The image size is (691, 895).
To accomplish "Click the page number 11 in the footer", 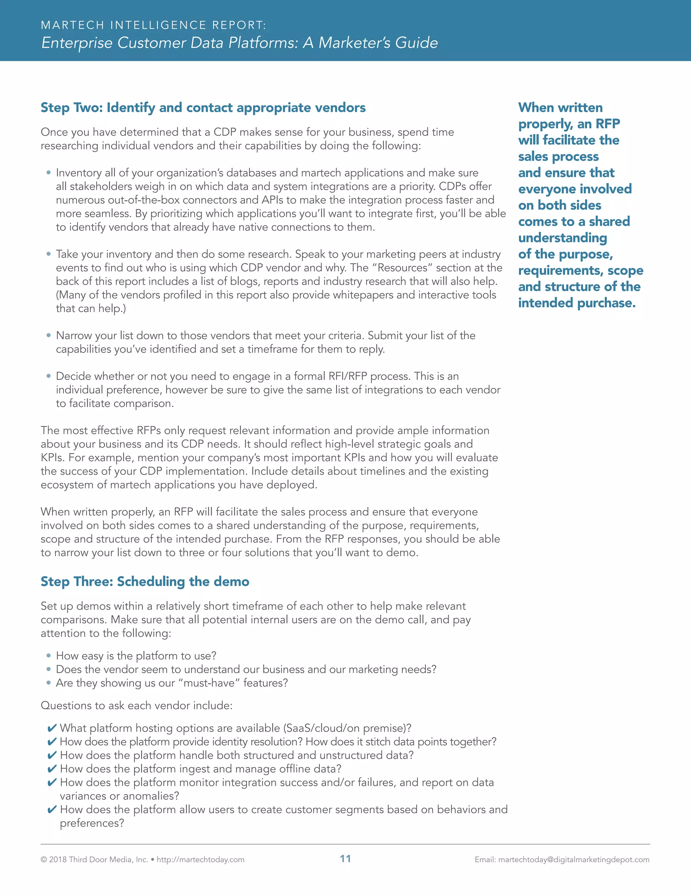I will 345,859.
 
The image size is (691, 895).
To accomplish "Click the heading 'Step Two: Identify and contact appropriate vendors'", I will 203,108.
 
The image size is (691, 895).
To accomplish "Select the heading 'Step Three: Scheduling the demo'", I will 145,582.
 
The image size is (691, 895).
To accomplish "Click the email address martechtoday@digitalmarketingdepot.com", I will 574,859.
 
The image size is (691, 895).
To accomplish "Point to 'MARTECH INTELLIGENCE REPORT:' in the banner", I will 154,25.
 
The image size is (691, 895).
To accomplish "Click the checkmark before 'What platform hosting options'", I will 52,728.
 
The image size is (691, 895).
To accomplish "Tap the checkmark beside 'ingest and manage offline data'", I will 52,769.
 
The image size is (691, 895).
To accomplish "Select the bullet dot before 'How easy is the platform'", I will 49,656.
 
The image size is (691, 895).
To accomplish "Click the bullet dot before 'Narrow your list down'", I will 49,335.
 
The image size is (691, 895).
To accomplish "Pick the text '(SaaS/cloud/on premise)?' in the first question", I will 347,728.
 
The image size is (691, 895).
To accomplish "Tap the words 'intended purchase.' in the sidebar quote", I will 576,303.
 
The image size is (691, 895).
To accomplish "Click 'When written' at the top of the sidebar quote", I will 560,107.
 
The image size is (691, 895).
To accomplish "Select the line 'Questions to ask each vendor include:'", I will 136,705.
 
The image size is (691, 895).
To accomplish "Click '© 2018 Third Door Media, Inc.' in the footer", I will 94,859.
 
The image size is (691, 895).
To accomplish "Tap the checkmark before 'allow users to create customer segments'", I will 52,809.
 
